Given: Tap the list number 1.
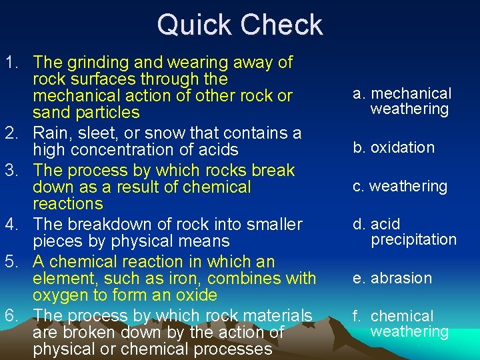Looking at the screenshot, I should tap(10, 63).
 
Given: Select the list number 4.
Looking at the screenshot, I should tap(11, 225).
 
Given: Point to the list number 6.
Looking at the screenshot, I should tap(11, 315).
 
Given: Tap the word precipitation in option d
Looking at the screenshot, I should tap(413, 239).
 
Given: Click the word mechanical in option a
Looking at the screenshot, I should tap(411, 93).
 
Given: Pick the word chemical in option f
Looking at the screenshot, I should tap(402, 316).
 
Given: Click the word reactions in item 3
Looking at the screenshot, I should tap(68, 204).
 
